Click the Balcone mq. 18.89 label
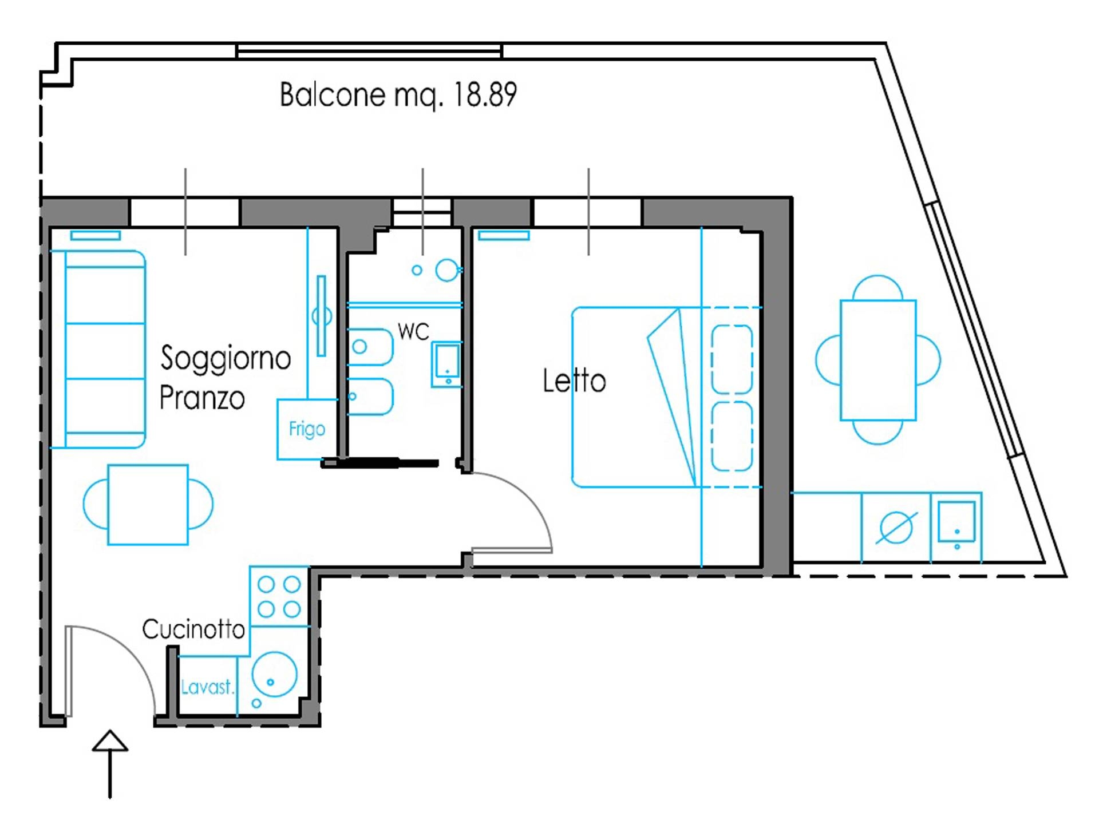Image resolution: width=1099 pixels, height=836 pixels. tap(398, 95)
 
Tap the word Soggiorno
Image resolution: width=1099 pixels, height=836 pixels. tap(226, 359)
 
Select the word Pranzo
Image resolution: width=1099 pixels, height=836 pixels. tap(202, 398)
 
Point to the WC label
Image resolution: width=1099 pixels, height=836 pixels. tap(413, 331)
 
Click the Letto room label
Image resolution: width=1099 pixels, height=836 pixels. tap(574, 381)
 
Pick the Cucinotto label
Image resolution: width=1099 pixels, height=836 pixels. tap(193, 629)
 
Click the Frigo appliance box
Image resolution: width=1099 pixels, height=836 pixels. tap(307, 429)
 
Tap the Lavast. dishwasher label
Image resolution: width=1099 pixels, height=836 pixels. tap(207, 687)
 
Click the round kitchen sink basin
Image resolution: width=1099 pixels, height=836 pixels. tap(275, 675)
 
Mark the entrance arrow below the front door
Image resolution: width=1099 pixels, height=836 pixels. tap(110, 763)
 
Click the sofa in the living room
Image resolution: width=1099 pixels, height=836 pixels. tap(98, 349)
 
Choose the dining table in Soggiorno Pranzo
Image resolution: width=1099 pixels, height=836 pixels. tap(148, 504)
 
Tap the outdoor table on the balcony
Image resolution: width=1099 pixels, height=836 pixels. tap(878, 360)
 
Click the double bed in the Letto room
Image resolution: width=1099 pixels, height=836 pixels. tap(667, 397)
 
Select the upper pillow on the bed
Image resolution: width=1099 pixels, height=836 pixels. tap(732, 359)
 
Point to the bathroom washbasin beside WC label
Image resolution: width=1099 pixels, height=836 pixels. tap(447, 364)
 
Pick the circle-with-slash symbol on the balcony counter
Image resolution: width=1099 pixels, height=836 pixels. tap(896, 527)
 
